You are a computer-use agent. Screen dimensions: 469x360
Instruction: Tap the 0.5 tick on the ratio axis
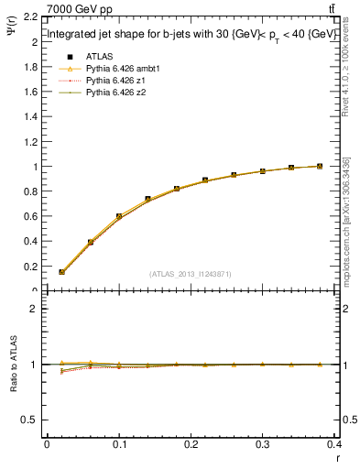(30, 420)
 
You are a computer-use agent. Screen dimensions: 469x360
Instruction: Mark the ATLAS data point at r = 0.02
(61, 272)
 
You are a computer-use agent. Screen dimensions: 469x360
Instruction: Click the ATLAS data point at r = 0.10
(119, 217)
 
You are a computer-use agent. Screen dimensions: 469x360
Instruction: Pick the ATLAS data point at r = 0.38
(320, 166)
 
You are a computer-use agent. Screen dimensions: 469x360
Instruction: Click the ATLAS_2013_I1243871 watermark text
(191, 274)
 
